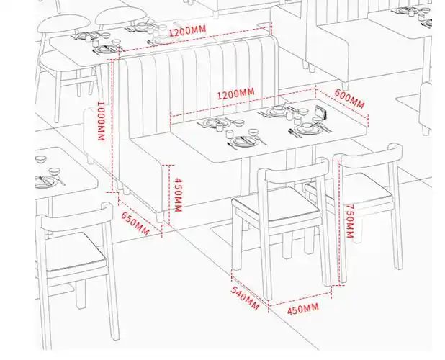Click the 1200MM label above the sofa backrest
[188, 31]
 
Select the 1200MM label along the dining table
[236, 94]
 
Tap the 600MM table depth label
[349, 99]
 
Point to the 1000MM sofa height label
[102, 121]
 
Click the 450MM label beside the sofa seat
[178, 195]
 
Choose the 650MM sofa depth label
[135, 224]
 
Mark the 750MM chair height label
[350, 222]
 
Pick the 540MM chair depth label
[245, 298]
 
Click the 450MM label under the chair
[303, 309]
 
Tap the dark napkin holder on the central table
[321, 112]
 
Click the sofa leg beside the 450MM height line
[160, 216]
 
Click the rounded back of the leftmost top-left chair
[63, 23]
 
